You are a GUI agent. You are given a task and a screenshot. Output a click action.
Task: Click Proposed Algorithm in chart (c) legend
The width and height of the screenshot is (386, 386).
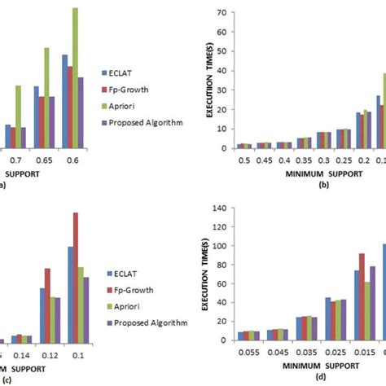[x=151, y=322]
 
